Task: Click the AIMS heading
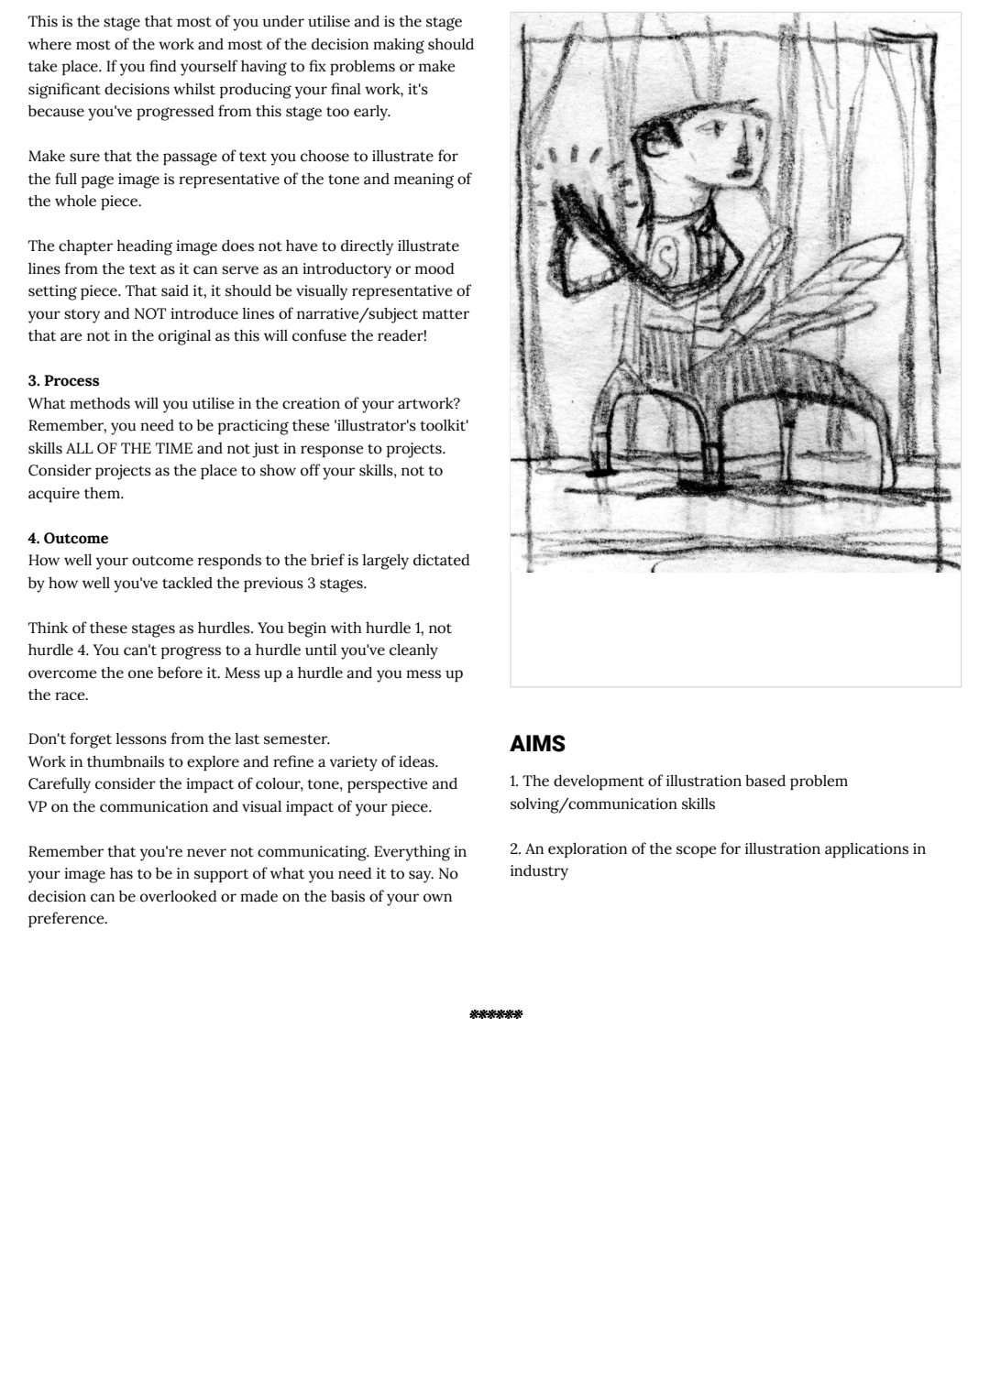pyautogui.click(x=537, y=744)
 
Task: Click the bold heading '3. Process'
pyautogui.click(x=63, y=381)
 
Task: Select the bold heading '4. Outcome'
pyautogui.click(x=68, y=539)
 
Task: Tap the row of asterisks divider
pyautogui.click(x=495, y=1014)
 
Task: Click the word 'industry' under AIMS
pyautogui.click(x=539, y=871)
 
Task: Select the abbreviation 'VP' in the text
pyautogui.click(x=38, y=807)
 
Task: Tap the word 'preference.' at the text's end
pyautogui.click(x=67, y=919)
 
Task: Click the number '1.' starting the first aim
pyautogui.click(x=514, y=782)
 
